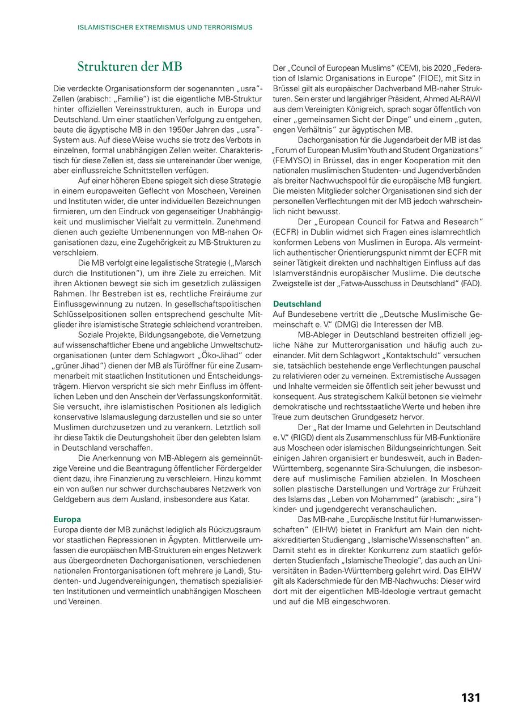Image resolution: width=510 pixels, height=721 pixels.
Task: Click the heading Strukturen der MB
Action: click(130, 67)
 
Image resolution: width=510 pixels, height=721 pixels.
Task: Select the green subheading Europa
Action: click(67, 519)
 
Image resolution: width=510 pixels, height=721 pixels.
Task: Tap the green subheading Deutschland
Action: click(297, 304)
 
